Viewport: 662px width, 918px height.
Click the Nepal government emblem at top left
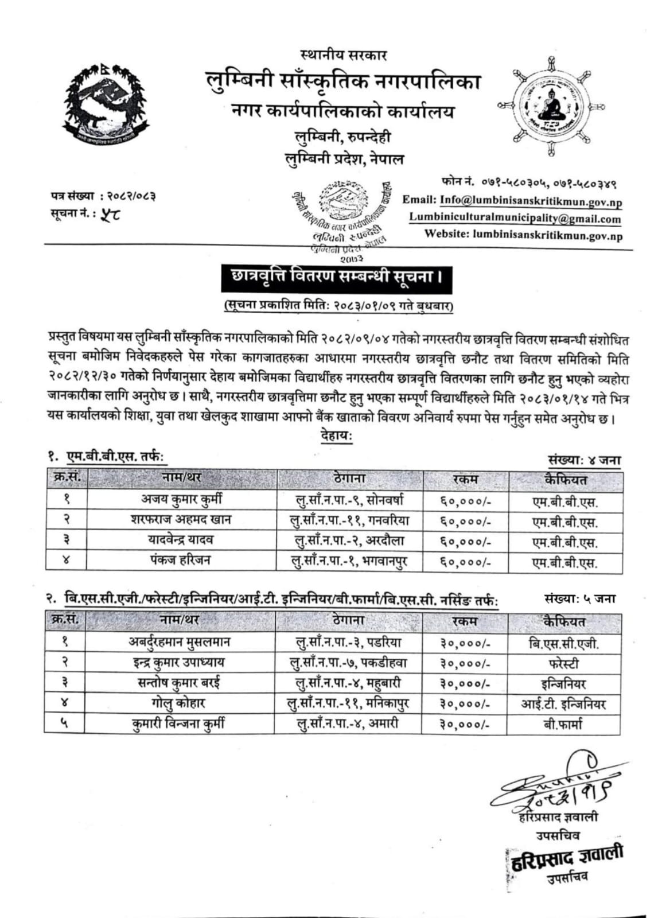coord(107,107)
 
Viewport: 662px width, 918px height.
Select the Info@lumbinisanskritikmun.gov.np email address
coord(531,201)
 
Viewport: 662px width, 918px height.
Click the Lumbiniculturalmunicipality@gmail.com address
coord(515,219)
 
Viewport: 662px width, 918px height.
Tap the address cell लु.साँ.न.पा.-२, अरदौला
coord(349,540)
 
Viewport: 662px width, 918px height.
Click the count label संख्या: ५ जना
coord(580,599)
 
